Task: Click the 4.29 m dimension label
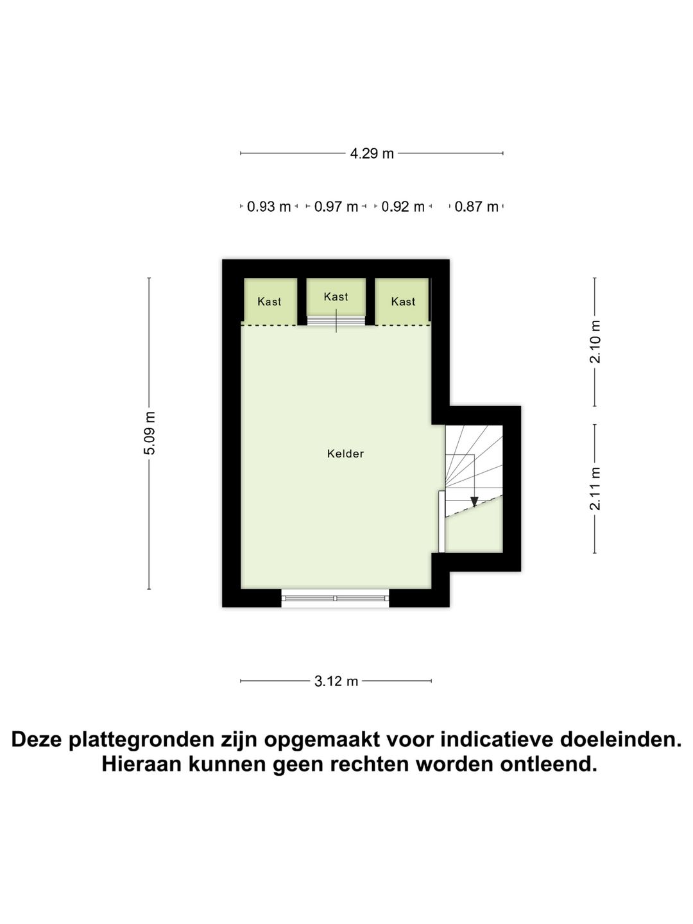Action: [372, 153]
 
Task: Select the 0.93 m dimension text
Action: [269, 207]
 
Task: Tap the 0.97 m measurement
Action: [336, 207]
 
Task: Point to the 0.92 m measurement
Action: [403, 207]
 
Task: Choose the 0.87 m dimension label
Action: [476, 207]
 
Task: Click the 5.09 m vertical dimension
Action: [149, 433]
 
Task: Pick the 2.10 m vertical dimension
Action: [595, 341]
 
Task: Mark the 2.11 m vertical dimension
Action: [595, 489]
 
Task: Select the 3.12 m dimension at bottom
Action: [336, 681]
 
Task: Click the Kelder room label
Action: [345, 454]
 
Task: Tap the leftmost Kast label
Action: [269, 302]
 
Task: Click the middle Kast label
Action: [336, 296]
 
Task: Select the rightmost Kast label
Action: [403, 302]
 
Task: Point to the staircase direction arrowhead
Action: [474, 502]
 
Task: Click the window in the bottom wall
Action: [335, 598]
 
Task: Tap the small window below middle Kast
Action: [336, 320]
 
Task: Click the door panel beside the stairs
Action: [441, 521]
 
